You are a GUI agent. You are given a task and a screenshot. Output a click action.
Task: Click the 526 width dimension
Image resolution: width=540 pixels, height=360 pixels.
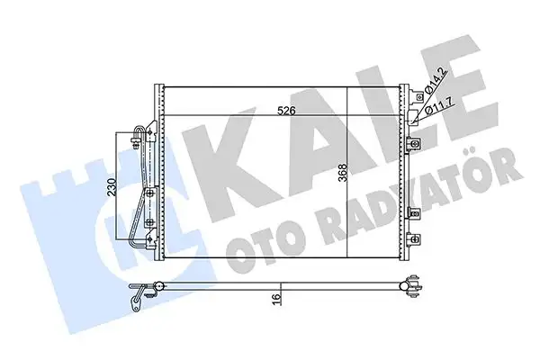(286, 110)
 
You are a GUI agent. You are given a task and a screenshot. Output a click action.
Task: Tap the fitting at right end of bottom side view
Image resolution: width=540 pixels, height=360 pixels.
(416, 289)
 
